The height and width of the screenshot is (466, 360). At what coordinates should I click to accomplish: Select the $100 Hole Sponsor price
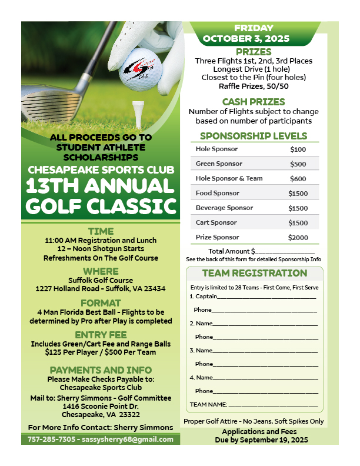pos(298,149)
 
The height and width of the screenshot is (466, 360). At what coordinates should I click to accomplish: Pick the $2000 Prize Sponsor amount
pos(298,238)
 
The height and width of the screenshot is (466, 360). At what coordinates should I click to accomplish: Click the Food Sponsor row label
pos(217,193)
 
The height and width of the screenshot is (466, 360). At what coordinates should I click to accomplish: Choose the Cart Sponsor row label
pos(216,222)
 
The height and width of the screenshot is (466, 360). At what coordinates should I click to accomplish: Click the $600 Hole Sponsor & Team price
pos(298,179)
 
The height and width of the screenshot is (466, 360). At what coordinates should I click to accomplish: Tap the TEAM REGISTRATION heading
pos(254,274)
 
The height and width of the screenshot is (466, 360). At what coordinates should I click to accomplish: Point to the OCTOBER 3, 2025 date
pos(254,39)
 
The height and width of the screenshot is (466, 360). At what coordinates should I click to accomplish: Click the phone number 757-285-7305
pos(52,440)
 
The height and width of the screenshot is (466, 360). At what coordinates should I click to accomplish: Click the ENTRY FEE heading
pos(101,335)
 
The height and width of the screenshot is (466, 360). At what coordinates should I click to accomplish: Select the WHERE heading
pos(101,271)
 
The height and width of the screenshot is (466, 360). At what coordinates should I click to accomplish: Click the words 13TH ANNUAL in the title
pos(101,186)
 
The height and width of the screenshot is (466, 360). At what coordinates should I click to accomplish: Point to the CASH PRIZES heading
pos(254,102)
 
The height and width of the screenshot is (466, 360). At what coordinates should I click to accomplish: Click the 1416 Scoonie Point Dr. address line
pos(101,406)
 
